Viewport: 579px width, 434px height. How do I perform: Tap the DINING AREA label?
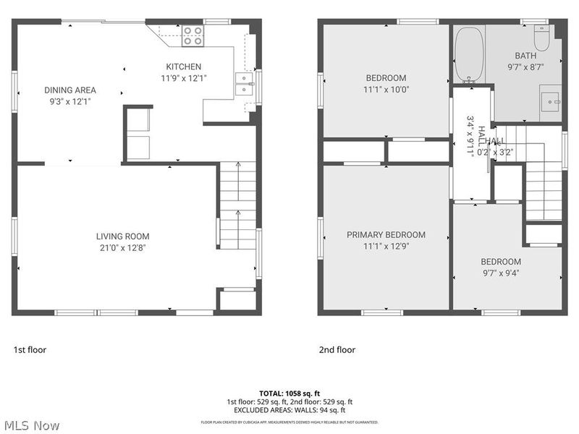click(70, 90)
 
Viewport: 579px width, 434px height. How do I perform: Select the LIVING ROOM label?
click(123, 237)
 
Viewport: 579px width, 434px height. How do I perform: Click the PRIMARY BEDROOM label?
click(386, 235)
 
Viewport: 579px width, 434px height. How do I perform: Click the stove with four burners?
click(193, 35)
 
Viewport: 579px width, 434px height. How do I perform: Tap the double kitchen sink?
click(244, 84)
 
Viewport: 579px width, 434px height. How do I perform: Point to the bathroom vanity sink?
click(551, 102)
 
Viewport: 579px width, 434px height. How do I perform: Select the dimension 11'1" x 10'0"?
click(386, 89)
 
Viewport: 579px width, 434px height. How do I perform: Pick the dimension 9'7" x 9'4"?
click(500, 273)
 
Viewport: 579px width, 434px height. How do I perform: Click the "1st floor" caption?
click(30, 350)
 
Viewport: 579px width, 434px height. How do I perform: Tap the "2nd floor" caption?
click(337, 350)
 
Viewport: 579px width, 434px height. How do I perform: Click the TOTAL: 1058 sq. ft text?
click(289, 393)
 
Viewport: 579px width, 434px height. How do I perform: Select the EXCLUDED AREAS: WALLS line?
click(289, 409)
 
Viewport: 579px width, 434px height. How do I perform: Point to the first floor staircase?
click(237, 206)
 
